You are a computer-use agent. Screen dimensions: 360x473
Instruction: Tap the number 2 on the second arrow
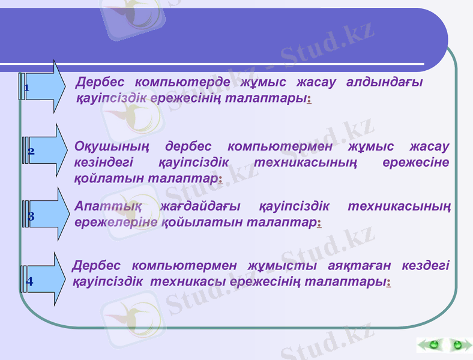pyautogui.click(x=31, y=152)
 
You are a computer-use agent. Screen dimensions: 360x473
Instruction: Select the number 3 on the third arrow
pyautogui.click(x=31, y=215)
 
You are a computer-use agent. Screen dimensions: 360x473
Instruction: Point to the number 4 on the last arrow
pyautogui.click(x=30, y=280)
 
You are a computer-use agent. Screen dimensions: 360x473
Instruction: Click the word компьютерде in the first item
pyautogui.click(x=182, y=82)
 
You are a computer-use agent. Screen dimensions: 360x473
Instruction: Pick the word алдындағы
pyautogui.click(x=385, y=82)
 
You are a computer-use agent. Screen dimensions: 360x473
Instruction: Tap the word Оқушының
pyautogui.click(x=112, y=146)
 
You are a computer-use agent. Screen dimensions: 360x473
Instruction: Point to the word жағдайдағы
pyautogui.click(x=201, y=206)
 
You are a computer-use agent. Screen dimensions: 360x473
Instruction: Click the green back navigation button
pyautogui.click(x=432, y=345)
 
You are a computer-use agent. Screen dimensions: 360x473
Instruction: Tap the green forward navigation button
pyautogui.click(x=458, y=345)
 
